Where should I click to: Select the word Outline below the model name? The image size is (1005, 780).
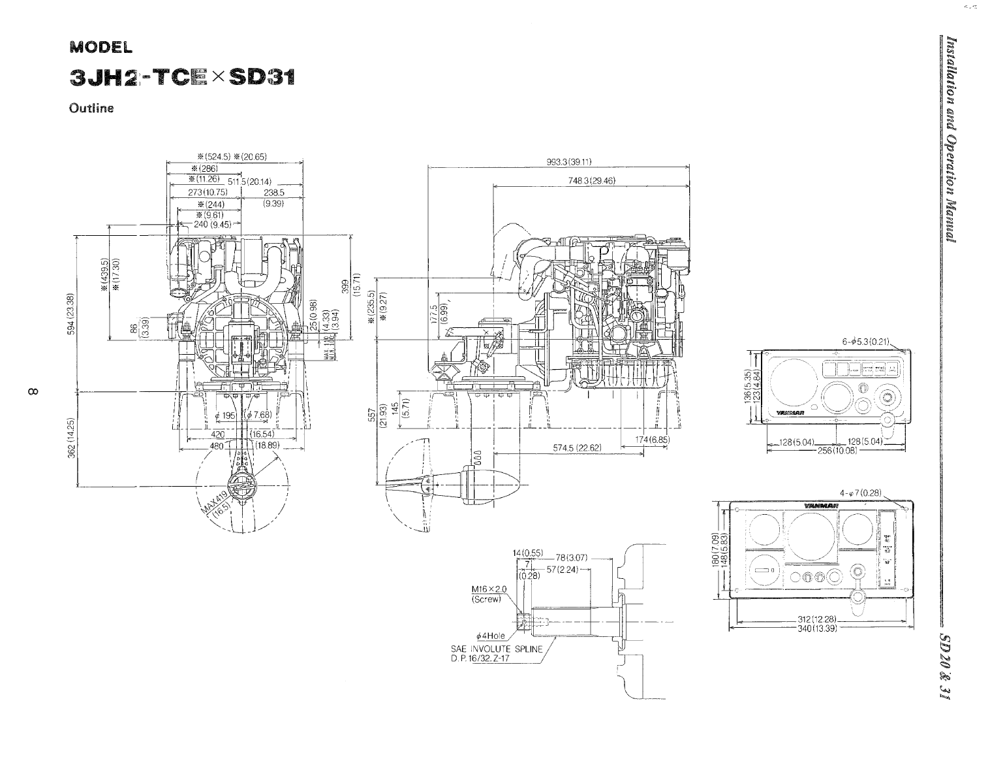coord(92,108)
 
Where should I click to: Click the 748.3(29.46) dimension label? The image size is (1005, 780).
coord(592,180)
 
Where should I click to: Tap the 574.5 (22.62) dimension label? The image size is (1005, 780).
coord(577,447)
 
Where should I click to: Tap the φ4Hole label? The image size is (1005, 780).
coord(491,636)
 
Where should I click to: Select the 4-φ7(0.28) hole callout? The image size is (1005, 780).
coord(861,493)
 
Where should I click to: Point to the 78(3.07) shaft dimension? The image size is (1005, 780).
coord(572,558)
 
